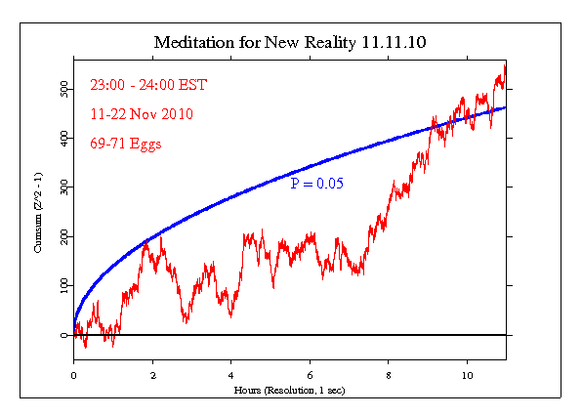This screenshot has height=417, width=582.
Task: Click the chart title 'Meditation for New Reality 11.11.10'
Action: click(289, 44)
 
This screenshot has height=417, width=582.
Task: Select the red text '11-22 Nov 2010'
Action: click(141, 113)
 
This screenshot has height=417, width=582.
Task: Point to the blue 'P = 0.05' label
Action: click(317, 183)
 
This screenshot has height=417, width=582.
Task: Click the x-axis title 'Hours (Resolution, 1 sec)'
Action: click(289, 390)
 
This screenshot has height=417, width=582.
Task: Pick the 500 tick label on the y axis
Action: click(62, 89)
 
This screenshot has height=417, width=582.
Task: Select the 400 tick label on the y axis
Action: click(62, 139)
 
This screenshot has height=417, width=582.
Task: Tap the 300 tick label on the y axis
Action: click(62, 188)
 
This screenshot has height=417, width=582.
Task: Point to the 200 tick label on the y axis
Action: click(62, 236)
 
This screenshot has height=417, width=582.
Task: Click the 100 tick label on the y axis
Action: click(62, 285)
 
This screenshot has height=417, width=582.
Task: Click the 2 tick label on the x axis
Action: click(152, 374)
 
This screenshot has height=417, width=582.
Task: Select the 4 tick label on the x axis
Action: click(230, 374)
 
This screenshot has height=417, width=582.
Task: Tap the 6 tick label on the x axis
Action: click(310, 374)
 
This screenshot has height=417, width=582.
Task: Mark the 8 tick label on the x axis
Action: click(389, 374)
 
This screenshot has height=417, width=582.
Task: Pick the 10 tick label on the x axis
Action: click(467, 374)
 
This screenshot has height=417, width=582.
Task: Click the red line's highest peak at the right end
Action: click(504, 65)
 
